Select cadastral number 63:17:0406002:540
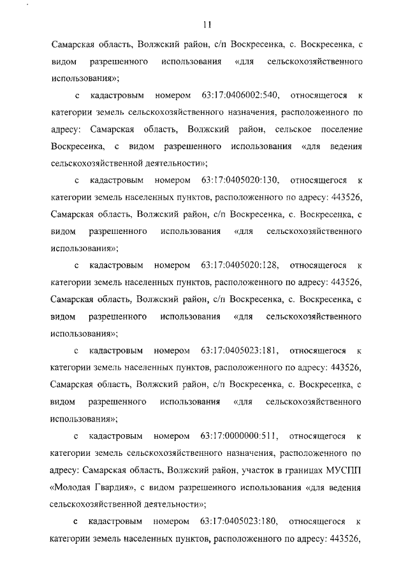239,96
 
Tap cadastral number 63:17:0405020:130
239,180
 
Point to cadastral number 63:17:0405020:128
239,265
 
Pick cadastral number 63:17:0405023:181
238,350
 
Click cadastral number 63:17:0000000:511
238,436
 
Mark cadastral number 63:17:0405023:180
238,522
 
